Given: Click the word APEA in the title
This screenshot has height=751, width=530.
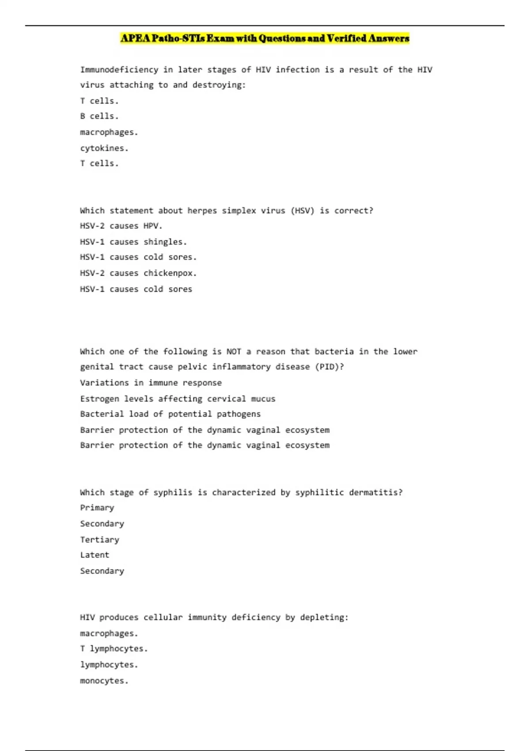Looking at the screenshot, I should (135, 38).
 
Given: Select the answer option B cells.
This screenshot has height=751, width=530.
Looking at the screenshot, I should (99, 116).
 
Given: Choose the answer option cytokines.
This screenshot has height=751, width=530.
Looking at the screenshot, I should (104, 148).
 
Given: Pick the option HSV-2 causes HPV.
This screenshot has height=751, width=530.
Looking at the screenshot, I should (121, 226).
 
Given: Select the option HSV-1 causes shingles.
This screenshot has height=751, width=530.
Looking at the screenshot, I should (133, 242).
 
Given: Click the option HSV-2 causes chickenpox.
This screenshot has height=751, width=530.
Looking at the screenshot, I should (138, 273).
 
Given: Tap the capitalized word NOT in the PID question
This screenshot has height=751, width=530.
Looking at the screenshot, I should (234, 352).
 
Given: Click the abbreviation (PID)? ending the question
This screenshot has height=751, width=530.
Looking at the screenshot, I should (329, 367).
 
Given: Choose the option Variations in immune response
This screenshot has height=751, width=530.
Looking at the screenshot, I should (151, 383).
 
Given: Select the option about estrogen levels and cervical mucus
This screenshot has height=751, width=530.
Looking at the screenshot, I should (178, 398).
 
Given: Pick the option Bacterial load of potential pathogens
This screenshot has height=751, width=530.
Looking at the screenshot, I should (170, 414).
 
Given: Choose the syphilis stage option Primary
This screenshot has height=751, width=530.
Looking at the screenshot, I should (97, 508).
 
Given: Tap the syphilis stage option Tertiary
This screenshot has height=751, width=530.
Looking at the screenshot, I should (99, 539).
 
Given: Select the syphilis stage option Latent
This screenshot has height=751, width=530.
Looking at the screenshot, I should (95, 555).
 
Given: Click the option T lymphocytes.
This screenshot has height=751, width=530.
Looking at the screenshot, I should (114, 649).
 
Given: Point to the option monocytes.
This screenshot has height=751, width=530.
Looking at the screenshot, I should (104, 680).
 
